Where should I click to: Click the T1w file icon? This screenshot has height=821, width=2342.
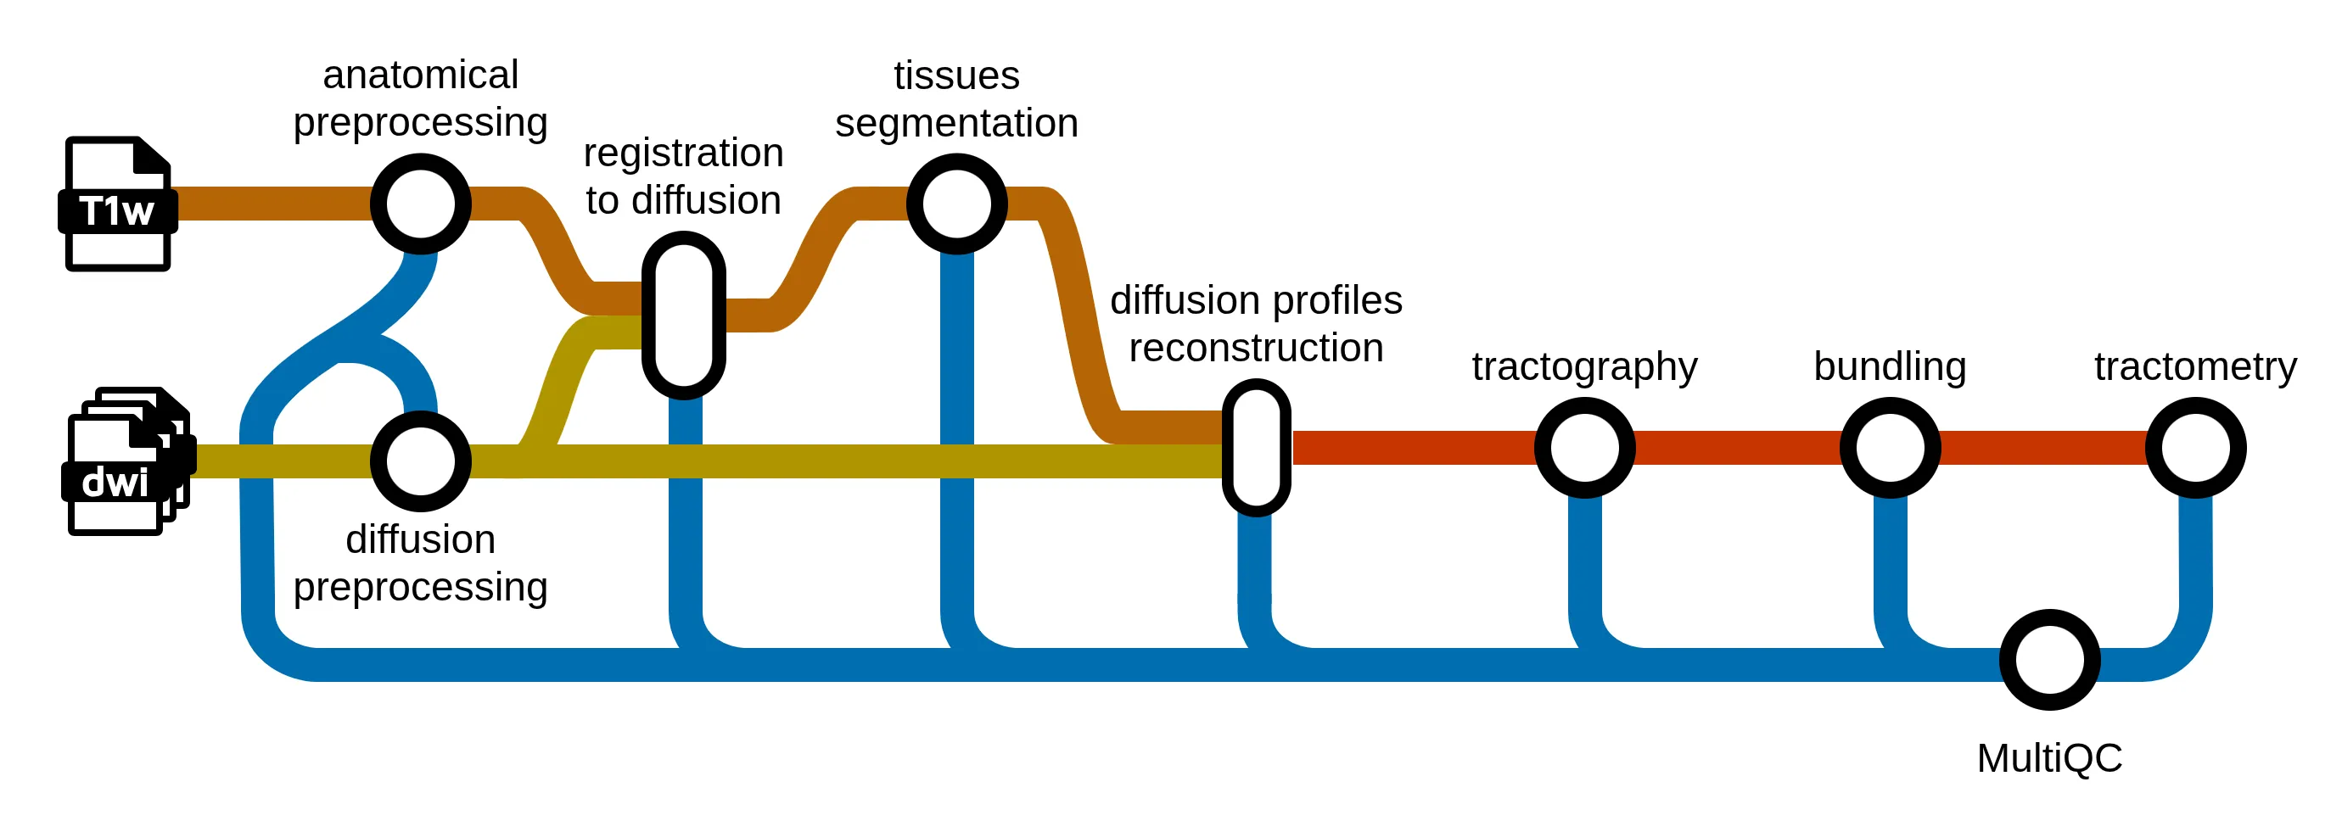pyautogui.click(x=117, y=204)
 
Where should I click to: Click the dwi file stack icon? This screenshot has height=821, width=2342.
pyautogui.click(x=126, y=462)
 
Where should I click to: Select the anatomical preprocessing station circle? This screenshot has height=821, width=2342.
pyautogui.click(x=420, y=204)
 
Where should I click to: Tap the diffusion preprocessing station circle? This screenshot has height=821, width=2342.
pyautogui.click(x=420, y=461)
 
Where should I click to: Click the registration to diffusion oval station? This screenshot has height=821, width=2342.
pyautogui.click(x=684, y=316)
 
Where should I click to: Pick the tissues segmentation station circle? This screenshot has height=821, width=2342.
pyautogui.click(x=956, y=204)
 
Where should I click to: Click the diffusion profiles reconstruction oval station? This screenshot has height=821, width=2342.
pyautogui.click(x=1257, y=447)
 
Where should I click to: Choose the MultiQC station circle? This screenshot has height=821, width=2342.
pyautogui.click(x=2049, y=660)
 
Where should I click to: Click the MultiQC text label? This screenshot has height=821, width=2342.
pyautogui.click(x=2049, y=757)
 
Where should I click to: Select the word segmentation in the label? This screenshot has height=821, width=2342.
pyautogui.click(x=956, y=124)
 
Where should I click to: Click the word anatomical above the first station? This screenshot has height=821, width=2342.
pyautogui.click(x=420, y=75)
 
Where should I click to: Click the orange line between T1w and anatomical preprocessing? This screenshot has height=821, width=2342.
pyautogui.click(x=272, y=204)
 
